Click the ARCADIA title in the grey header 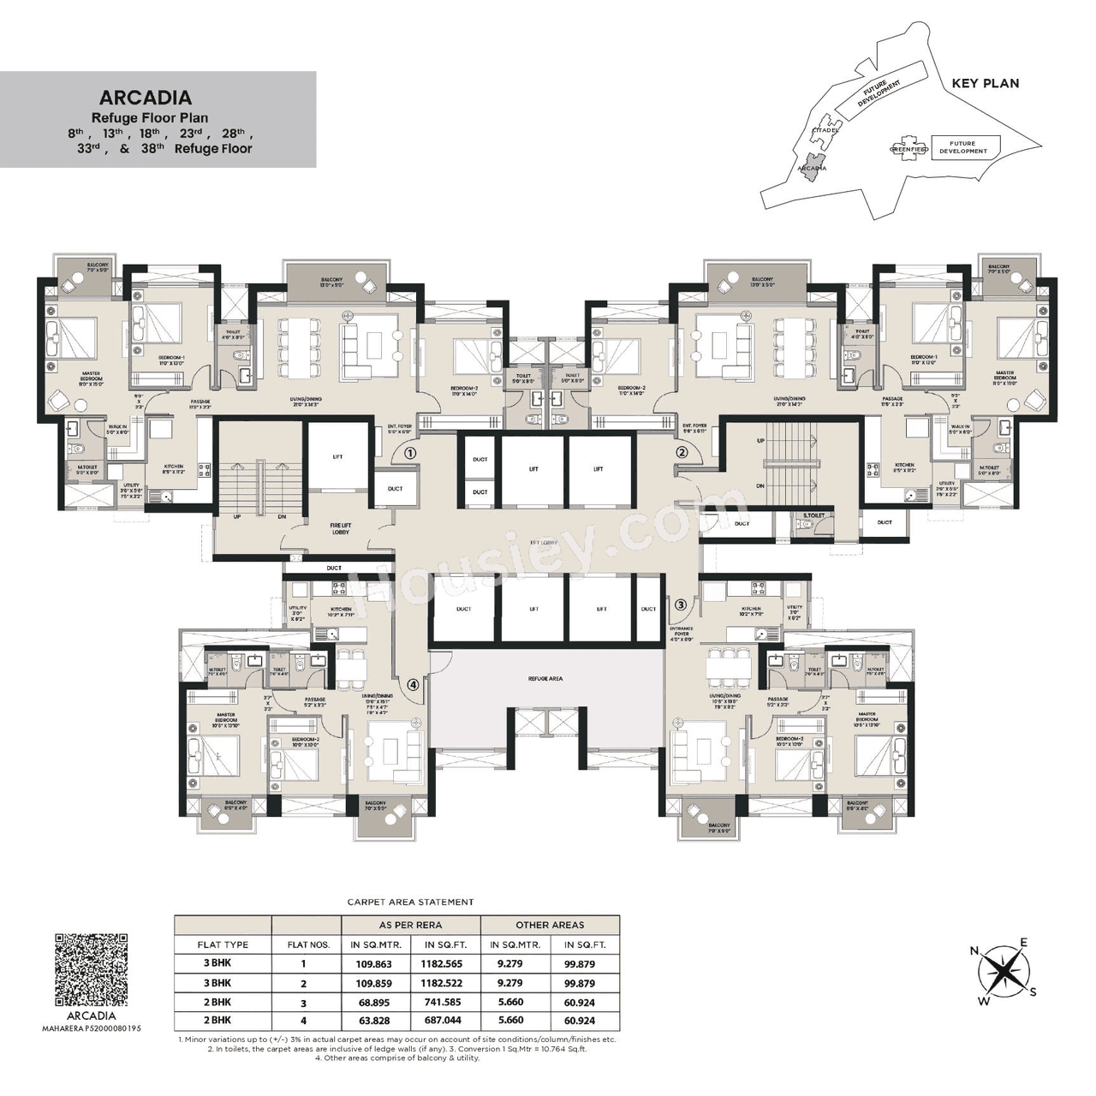point(145,98)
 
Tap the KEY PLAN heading point(986,83)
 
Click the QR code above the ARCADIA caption point(92,969)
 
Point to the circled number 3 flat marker point(681,605)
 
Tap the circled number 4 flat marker point(413,684)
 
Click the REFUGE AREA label point(545,678)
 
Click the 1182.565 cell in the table point(441,964)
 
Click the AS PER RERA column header point(410,925)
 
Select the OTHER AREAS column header point(550,925)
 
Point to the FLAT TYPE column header point(223,944)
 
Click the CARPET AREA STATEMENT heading point(410,902)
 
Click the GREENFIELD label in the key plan point(908,149)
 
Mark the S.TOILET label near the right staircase point(813,515)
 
